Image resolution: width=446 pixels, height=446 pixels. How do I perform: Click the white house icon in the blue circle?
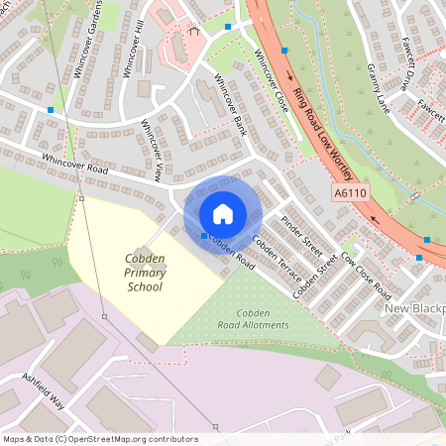223,213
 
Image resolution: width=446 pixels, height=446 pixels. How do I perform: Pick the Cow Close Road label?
366,276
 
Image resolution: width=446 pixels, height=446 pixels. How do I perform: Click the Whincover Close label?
270,77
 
